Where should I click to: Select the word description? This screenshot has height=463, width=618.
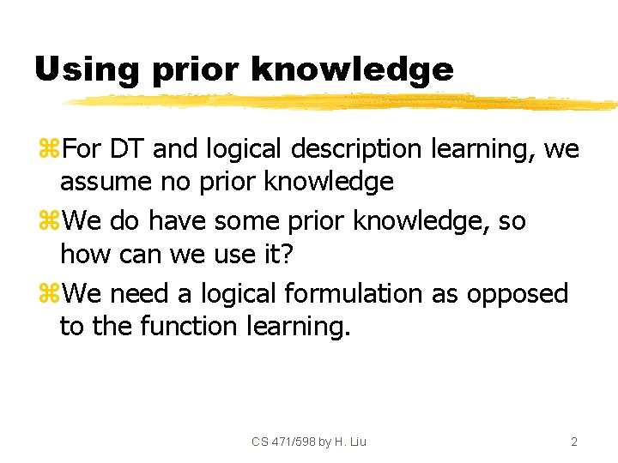coord(356,149)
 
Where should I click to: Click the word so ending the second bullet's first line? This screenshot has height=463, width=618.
coord(512,221)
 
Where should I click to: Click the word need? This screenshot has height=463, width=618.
coord(138,293)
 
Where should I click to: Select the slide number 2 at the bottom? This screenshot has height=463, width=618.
coord(574,442)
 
